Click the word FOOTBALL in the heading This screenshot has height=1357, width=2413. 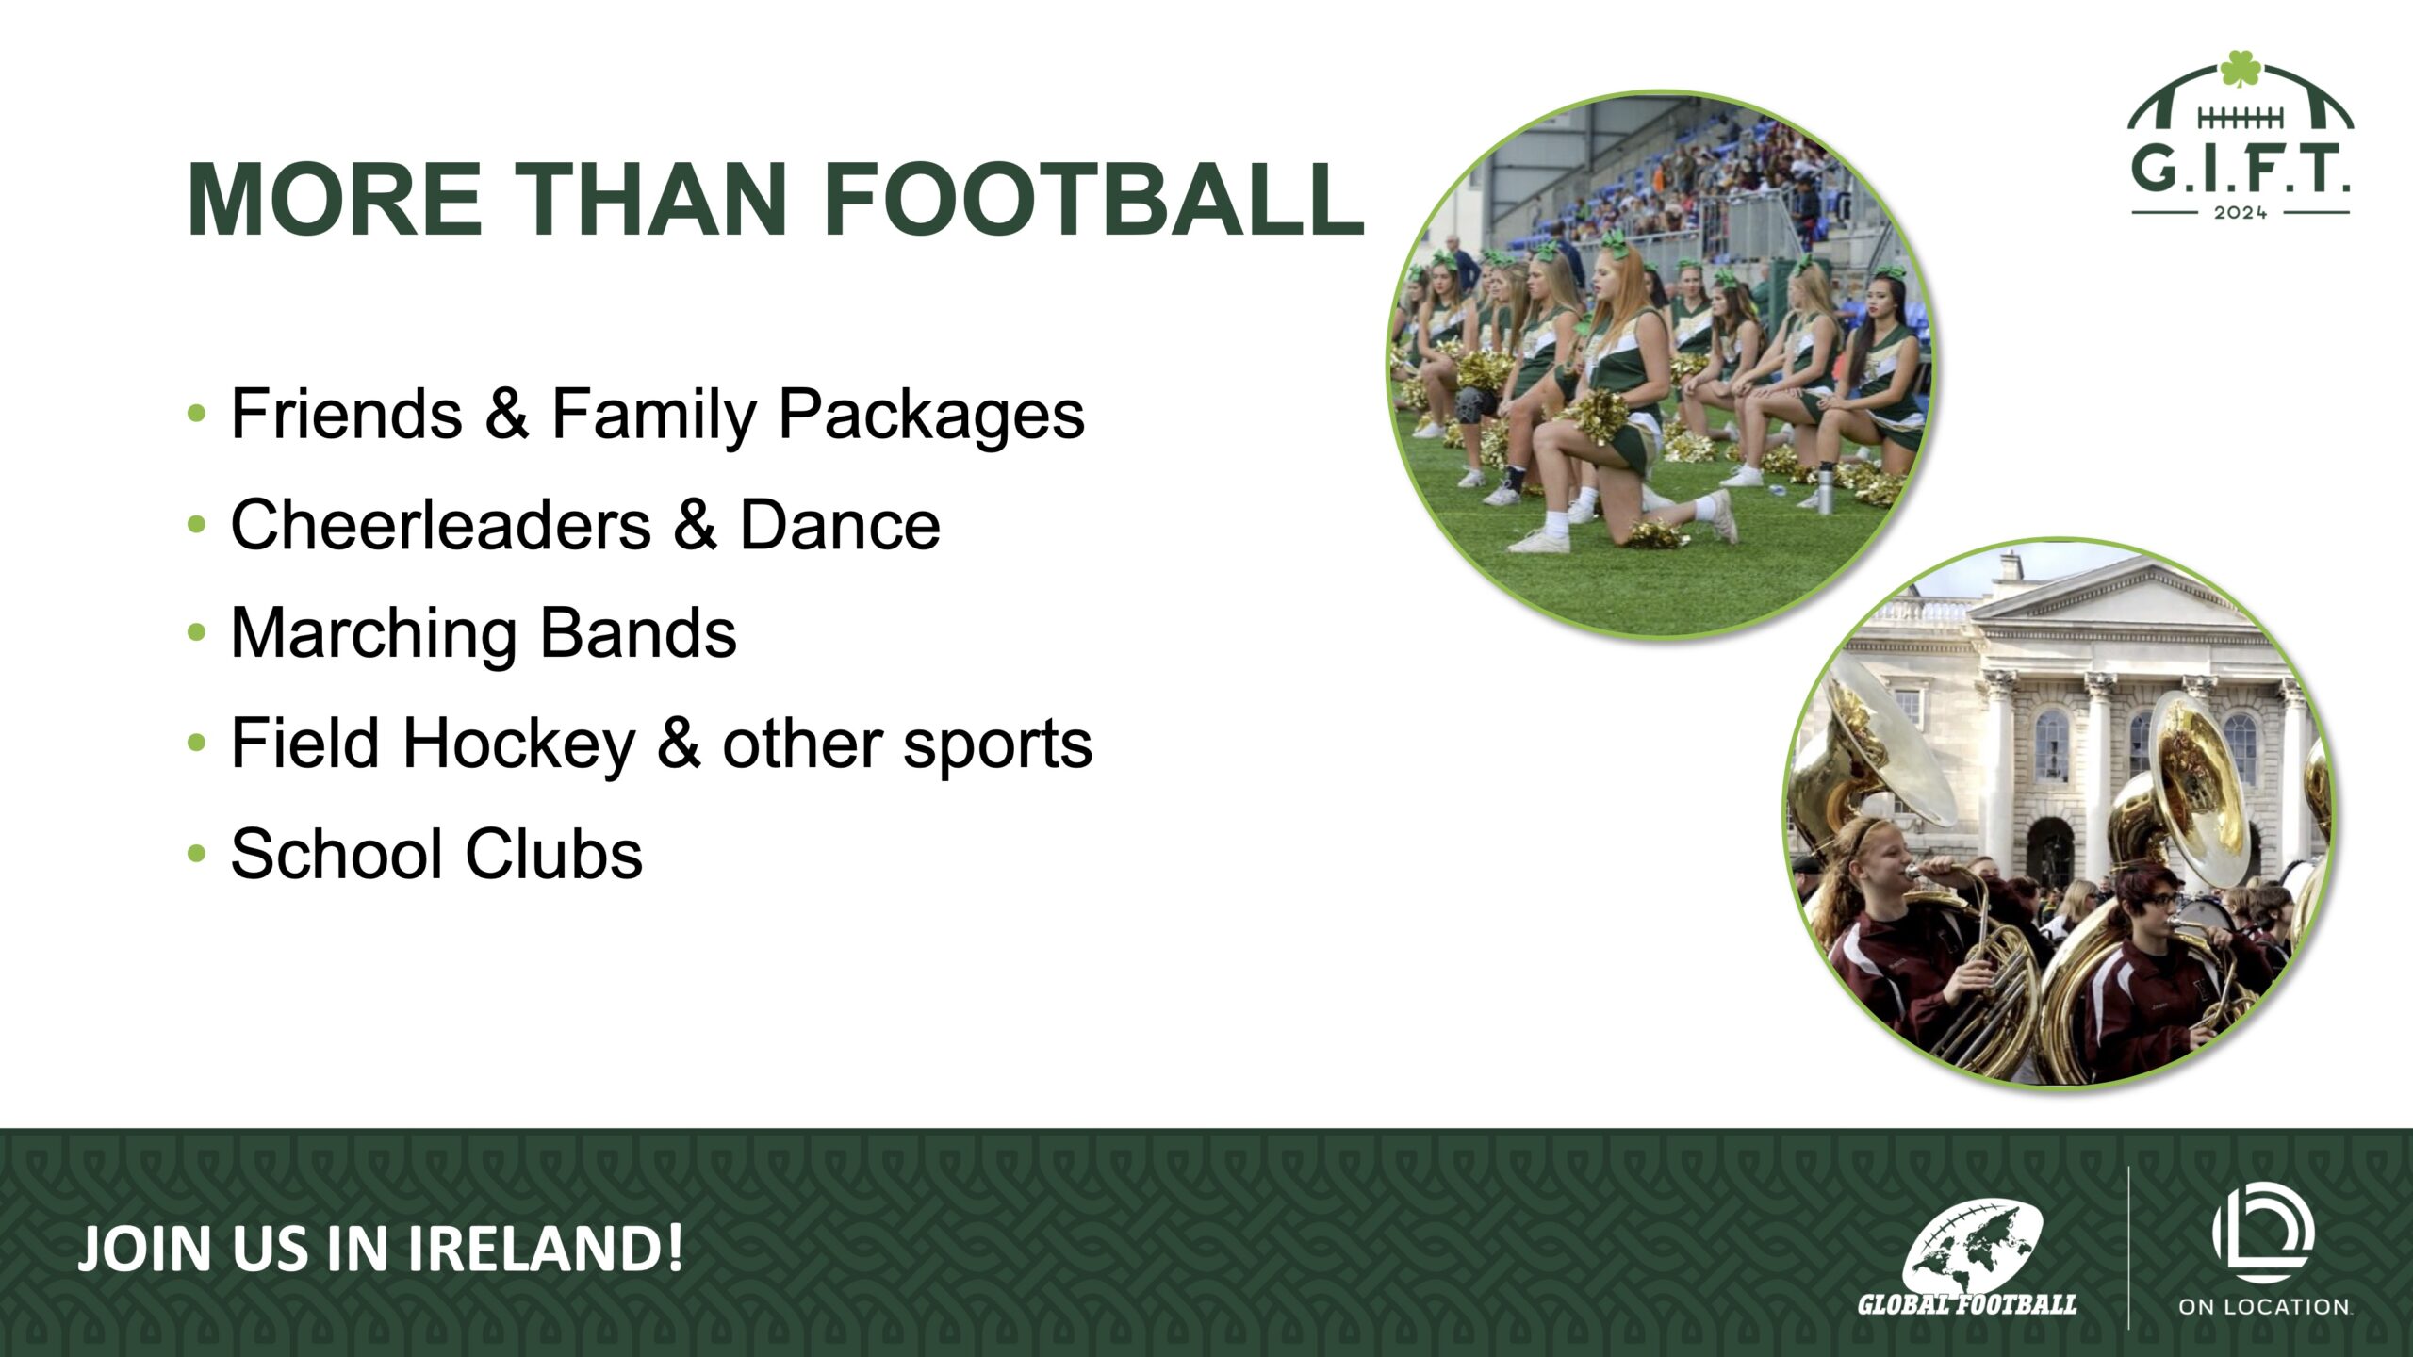pos(1094,200)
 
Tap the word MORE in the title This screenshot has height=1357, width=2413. pos(335,200)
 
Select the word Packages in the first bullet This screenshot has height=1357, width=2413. pos(931,416)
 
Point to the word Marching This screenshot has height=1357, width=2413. pos(373,635)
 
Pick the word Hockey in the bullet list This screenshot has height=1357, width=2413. pos(519,744)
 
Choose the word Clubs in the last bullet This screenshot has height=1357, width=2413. pos(554,855)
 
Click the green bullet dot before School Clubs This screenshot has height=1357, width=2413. pos(196,855)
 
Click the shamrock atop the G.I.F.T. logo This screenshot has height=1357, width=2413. pos(2241,69)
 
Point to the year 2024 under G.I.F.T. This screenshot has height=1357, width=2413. pos(2241,213)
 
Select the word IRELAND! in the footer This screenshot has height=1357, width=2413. pos(545,1250)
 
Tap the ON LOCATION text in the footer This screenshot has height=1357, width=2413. pos(2264,1307)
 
